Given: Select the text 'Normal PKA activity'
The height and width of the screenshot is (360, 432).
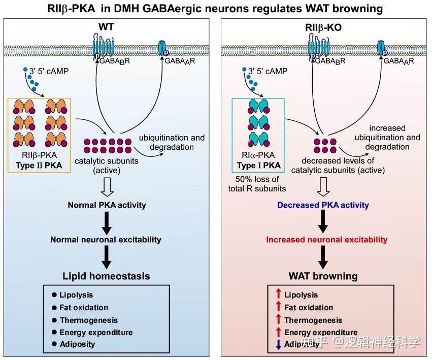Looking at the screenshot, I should [x=107, y=205].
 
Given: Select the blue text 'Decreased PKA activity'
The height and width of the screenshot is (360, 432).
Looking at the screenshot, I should [x=323, y=206].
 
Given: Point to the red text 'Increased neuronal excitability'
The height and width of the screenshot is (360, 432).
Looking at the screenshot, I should [x=327, y=239].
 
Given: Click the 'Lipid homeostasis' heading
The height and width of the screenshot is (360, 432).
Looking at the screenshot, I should [x=107, y=276].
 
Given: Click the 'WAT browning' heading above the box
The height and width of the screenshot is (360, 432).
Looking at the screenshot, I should [x=323, y=276].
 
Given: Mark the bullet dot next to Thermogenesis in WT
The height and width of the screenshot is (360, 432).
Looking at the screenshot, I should [x=54, y=320].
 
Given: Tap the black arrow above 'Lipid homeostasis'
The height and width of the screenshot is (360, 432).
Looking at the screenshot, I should [x=107, y=256].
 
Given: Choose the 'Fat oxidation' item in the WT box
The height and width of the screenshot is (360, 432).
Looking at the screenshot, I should [x=84, y=308].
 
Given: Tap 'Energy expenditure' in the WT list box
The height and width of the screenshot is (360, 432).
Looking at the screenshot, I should [x=96, y=333].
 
